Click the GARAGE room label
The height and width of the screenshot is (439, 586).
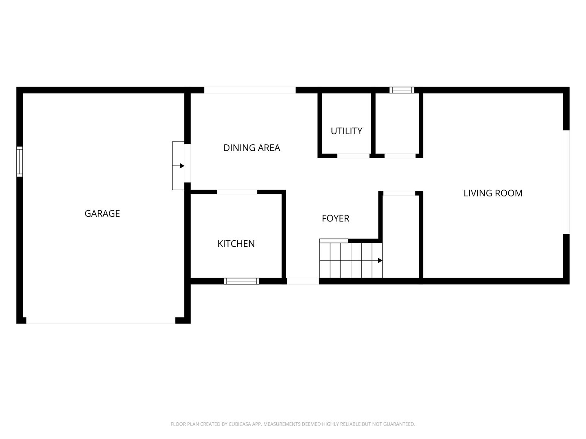pyautogui.click(x=102, y=213)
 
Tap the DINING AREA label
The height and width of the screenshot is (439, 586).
pyautogui.click(x=251, y=148)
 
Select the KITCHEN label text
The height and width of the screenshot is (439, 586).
pyautogui.click(x=236, y=243)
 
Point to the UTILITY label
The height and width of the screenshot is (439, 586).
pyautogui.click(x=346, y=131)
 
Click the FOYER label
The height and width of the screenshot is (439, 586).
pyautogui.click(x=335, y=218)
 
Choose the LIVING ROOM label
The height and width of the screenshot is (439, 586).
pyautogui.click(x=493, y=193)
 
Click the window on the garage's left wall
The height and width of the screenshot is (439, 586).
pyautogui.click(x=20, y=161)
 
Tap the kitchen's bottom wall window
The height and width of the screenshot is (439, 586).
pyautogui.click(x=241, y=281)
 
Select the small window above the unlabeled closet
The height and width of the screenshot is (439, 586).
pyautogui.click(x=402, y=90)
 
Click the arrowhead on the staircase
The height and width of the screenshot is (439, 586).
pyautogui.click(x=380, y=261)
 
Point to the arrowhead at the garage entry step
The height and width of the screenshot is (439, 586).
pyautogui.click(x=182, y=166)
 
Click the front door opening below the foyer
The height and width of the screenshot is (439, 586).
pyautogui.click(x=303, y=281)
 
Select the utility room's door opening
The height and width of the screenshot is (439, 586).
pyautogui.click(x=353, y=156)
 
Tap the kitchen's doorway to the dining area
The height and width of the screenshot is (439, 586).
pyautogui.click(x=237, y=192)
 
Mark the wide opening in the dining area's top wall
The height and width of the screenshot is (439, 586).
pyautogui.click(x=250, y=90)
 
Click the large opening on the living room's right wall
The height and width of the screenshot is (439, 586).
pyautogui.click(x=566, y=182)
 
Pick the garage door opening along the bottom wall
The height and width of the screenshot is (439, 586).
pyautogui.click(x=101, y=321)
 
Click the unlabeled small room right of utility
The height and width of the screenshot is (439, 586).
pyautogui.click(x=397, y=124)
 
